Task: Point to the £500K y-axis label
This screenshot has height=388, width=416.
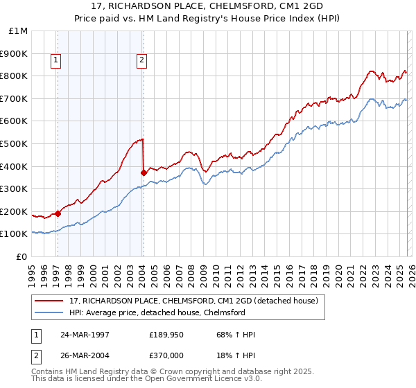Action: [14, 143]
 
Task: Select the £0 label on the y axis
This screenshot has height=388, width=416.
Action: [22, 256]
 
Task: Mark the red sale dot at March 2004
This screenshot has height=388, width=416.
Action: [143, 173]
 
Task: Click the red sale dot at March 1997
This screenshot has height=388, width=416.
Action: [58, 213]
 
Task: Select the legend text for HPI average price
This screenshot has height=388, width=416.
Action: [157, 312]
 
